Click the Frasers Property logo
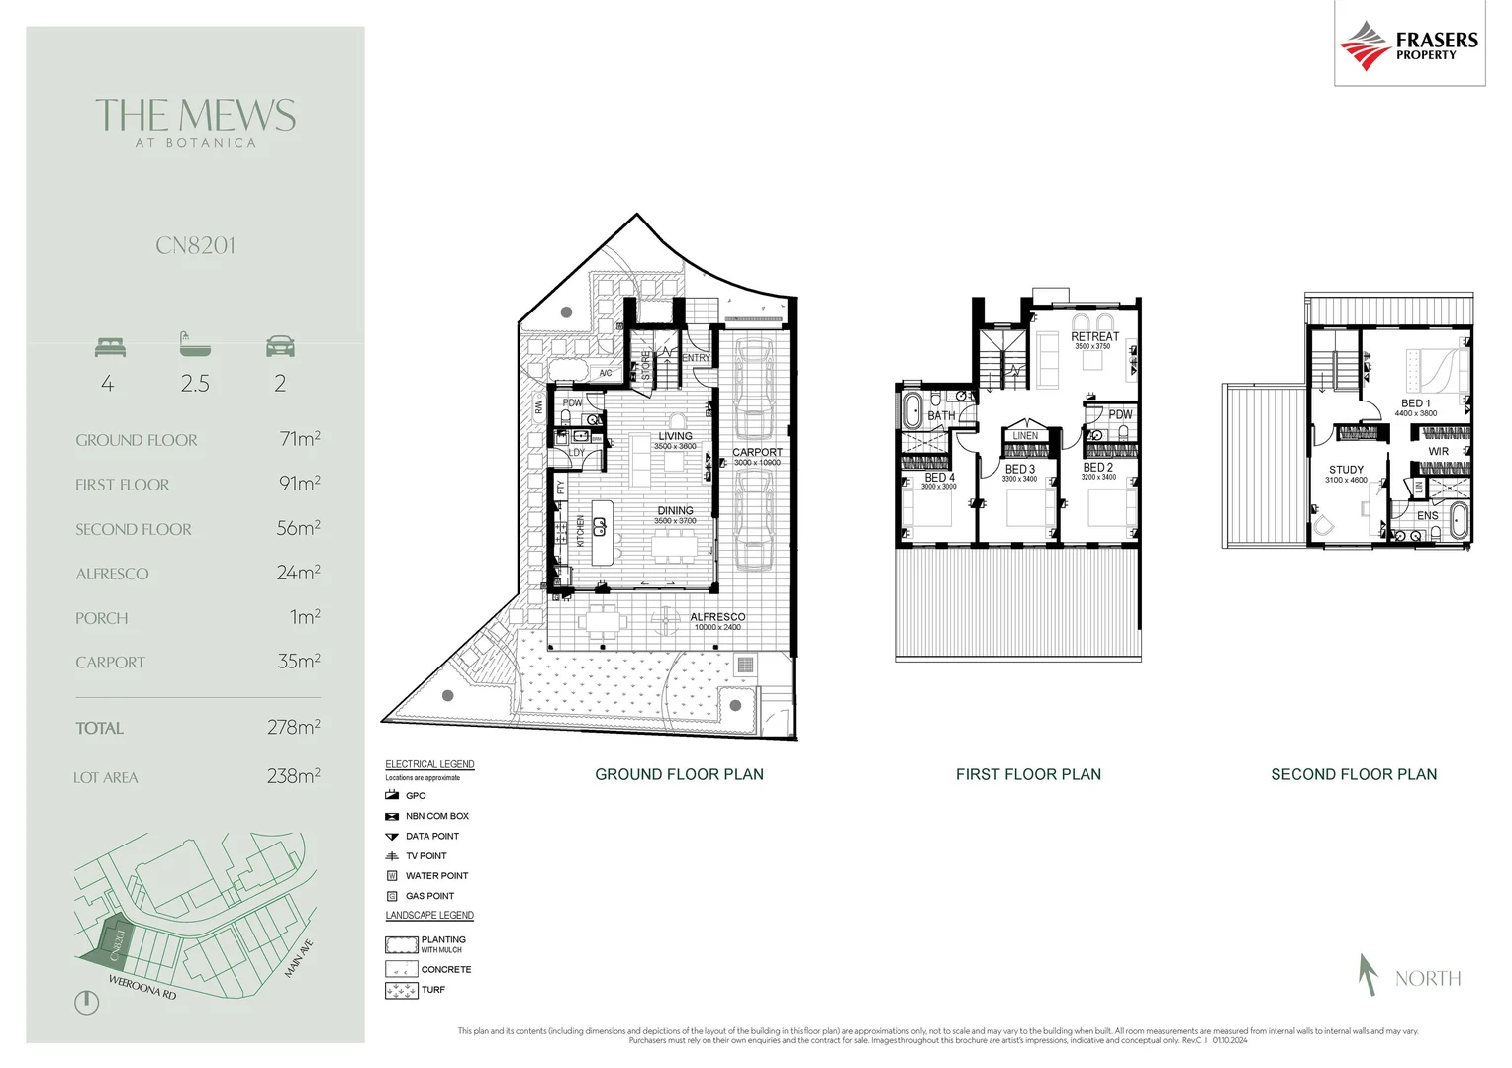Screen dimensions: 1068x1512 (1408, 44)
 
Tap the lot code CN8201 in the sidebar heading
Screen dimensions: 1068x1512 (195, 245)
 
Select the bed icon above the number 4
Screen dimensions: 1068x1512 (110, 346)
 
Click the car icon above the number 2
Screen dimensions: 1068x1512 (280, 346)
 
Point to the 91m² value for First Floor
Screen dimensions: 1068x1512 (299, 484)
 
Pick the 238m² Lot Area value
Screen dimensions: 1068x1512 (293, 776)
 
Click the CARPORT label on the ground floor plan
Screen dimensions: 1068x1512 (757, 452)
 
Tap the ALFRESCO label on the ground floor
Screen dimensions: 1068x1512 (717, 616)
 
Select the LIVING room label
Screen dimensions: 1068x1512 (675, 436)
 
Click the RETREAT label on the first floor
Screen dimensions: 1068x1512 (1094, 336)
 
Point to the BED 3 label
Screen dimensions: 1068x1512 (1019, 469)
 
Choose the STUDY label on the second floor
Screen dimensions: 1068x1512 (1346, 470)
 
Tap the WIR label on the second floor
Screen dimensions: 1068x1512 (1438, 451)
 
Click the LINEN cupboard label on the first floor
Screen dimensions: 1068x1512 (1025, 435)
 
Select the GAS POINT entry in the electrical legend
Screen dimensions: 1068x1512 (429, 896)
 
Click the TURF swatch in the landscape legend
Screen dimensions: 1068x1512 (401, 990)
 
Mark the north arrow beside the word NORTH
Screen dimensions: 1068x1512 (1369, 974)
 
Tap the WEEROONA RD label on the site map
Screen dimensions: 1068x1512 (142, 987)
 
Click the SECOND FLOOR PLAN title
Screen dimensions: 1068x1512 (1353, 774)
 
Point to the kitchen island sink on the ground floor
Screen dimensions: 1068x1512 (599, 526)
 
